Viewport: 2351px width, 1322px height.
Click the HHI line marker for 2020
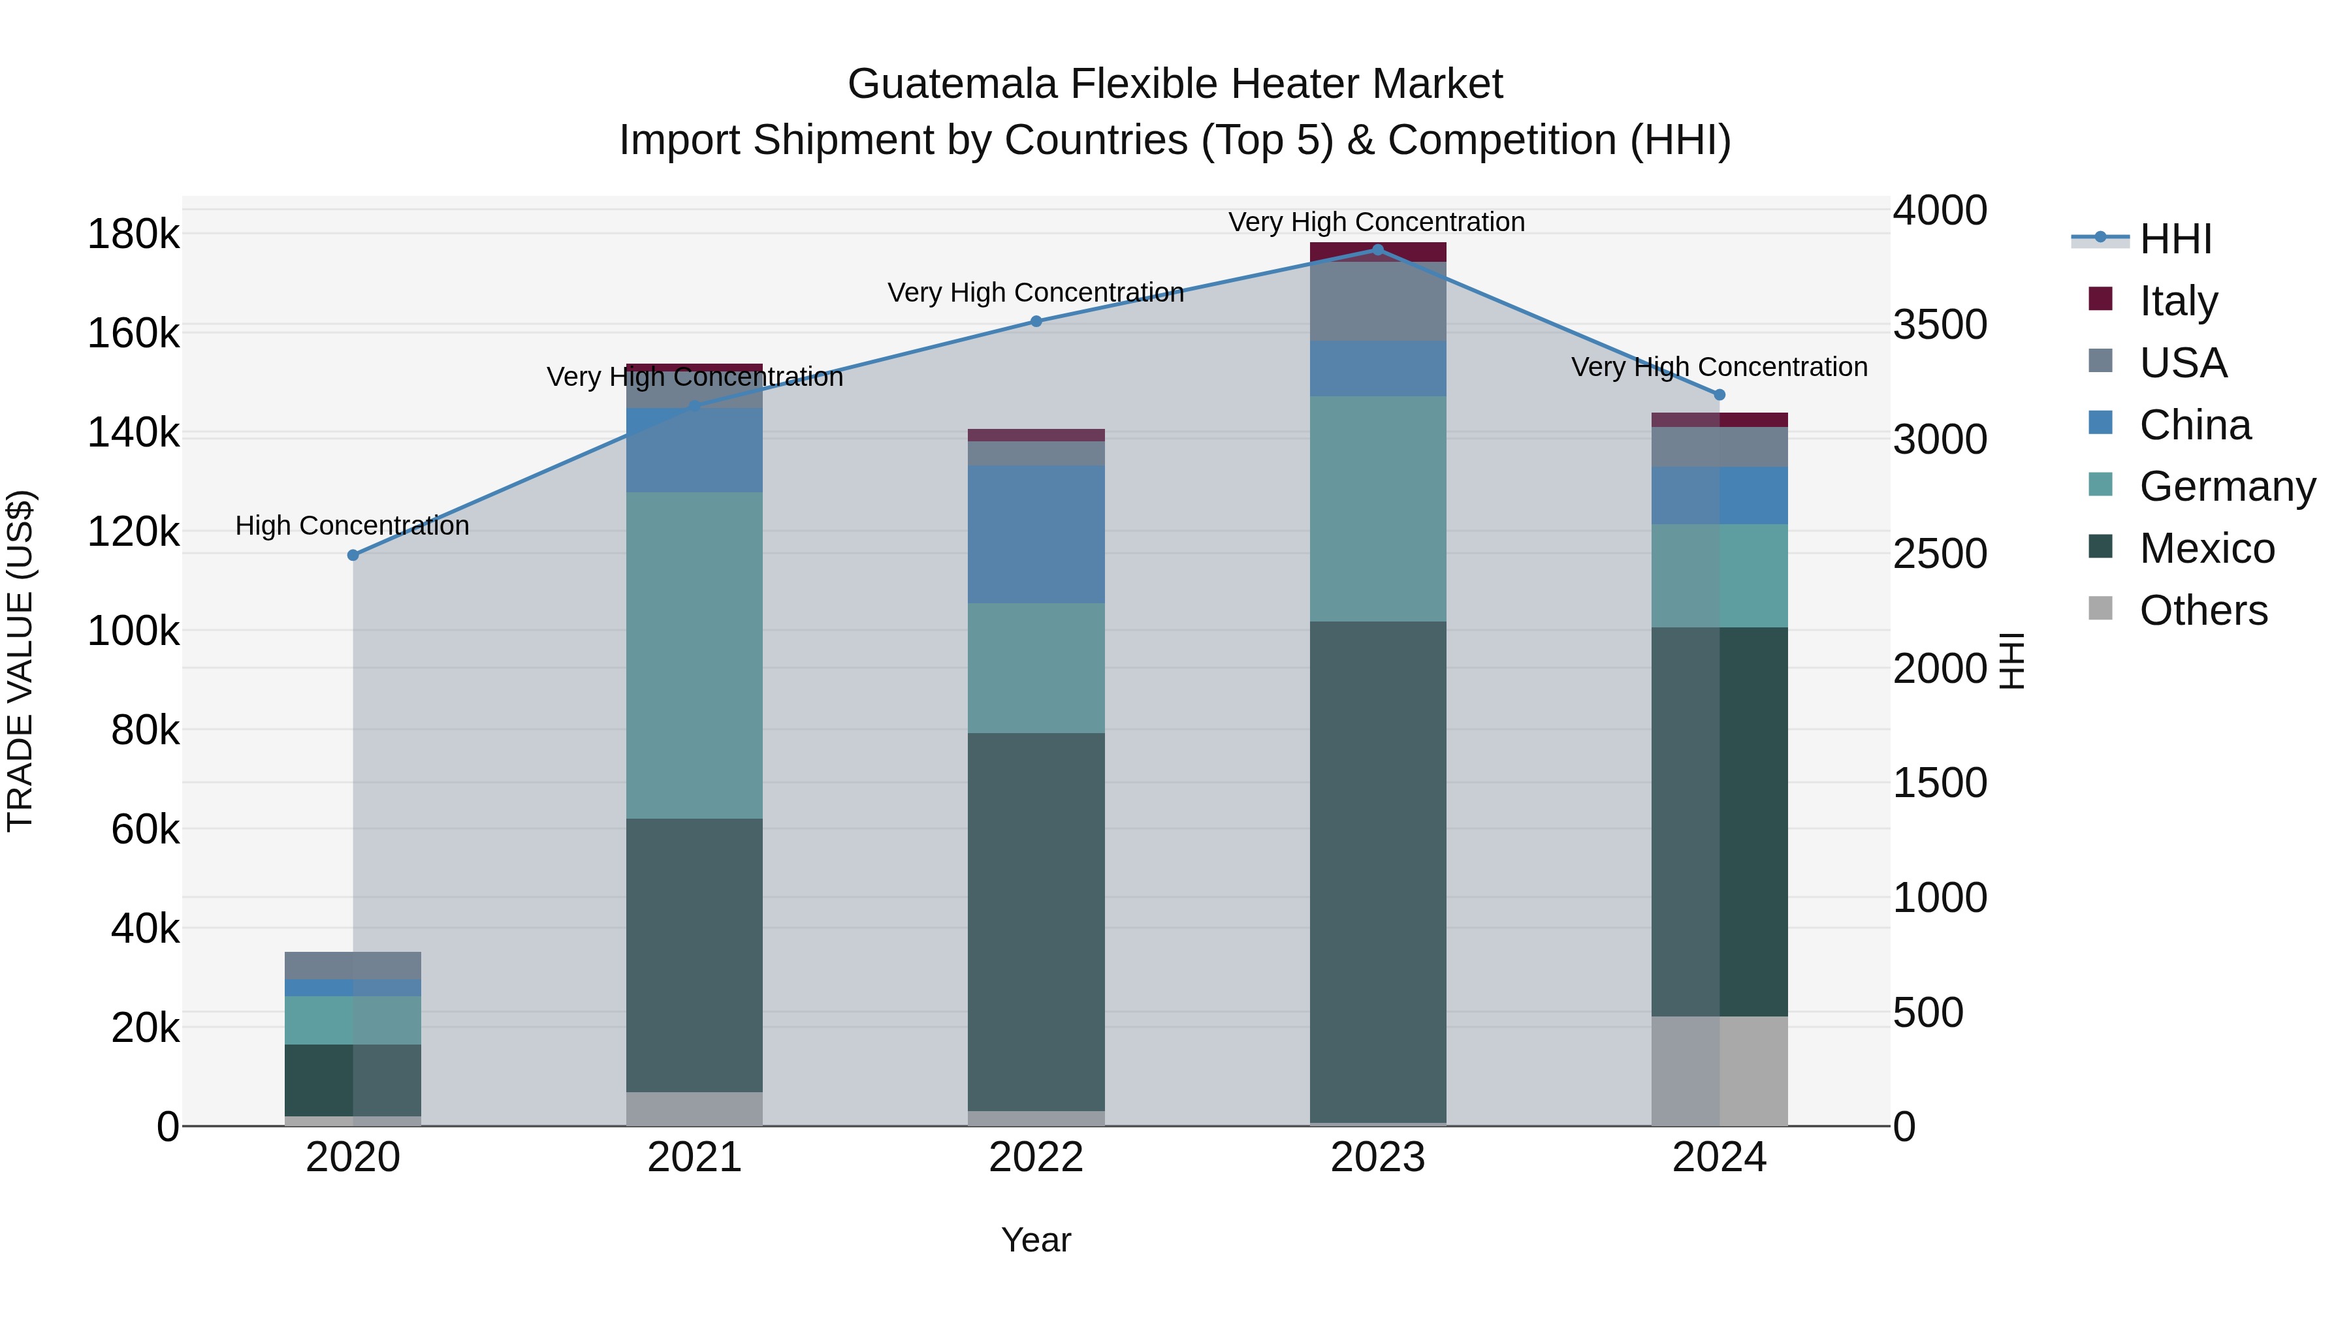tap(353, 555)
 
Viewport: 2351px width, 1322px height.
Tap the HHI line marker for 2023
tap(1378, 250)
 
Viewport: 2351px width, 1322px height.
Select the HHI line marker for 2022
tap(1036, 321)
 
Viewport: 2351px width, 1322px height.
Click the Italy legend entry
tap(2177, 301)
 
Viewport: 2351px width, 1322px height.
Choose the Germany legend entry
tap(2226, 486)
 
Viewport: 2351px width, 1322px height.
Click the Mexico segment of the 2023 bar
tap(1378, 872)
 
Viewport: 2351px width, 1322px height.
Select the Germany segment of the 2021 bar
tap(695, 655)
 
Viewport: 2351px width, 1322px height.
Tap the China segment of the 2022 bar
tap(1036, 535)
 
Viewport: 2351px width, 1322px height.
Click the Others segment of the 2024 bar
tap(1719, 1071)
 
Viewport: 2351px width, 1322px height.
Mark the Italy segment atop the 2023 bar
tap(1378, 252)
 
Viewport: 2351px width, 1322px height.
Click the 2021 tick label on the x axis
tap(695, 1157)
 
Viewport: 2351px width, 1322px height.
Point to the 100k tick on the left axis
tap(133, 631)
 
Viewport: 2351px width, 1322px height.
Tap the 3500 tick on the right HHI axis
tap(1940, 325)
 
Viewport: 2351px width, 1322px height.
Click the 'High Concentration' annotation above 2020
tap(352, 526)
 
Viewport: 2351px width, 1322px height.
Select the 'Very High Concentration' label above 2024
tap(1719, 367)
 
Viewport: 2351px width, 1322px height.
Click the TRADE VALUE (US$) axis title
tap(20, 661)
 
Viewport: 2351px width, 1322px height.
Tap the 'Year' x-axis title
tap(1036, 1240)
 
